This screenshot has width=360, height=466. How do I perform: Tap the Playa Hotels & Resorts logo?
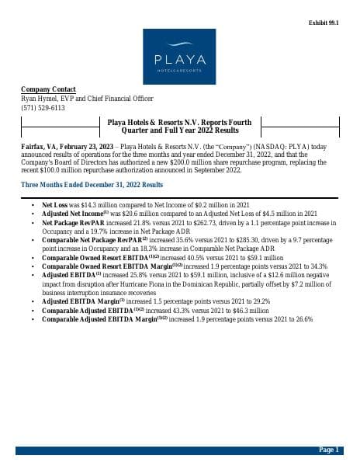pos(179,56)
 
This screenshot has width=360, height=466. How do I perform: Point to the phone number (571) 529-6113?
pos(43,108)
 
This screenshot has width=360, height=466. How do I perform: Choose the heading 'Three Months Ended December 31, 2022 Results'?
pos(92,185)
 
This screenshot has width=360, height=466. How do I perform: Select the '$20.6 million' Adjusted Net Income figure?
pos(130,214)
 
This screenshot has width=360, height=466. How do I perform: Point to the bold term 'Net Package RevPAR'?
pos(75,222)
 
